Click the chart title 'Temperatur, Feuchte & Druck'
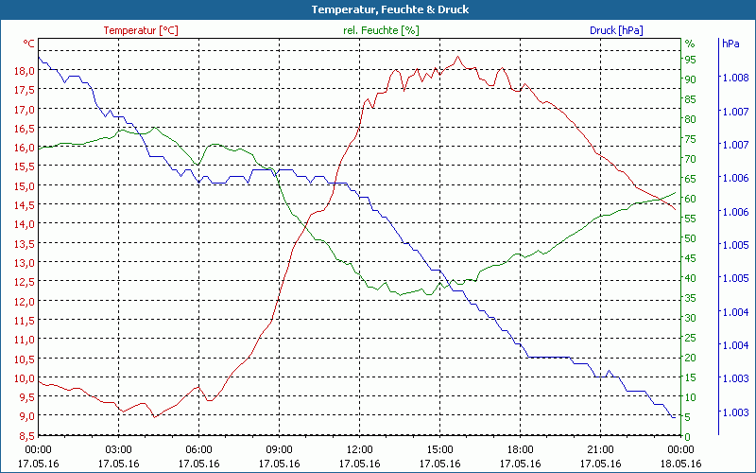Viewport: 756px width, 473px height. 377,9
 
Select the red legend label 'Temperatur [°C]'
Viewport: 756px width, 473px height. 141,30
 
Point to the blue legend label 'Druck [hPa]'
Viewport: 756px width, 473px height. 616,30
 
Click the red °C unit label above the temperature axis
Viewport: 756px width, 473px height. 29,44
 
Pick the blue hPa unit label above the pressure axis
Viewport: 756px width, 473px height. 730,44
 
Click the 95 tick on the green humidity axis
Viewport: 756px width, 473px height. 691,60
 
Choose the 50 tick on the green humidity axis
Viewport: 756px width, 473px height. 691,237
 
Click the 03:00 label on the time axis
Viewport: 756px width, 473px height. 118,449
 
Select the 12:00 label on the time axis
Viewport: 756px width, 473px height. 359,449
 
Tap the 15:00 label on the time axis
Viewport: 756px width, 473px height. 439,449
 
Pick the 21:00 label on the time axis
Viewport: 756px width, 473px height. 600,449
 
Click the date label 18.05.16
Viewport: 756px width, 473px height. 680,464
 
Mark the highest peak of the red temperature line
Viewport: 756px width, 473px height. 458,57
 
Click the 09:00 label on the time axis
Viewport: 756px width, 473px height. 279,449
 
